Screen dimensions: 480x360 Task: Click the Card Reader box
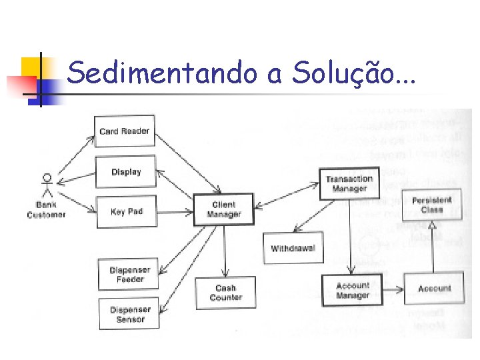pos(125,131)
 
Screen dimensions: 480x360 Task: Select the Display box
pos(126,172)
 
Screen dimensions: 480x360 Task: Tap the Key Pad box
pos(127,211)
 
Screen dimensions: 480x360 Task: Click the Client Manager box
pos(224,209)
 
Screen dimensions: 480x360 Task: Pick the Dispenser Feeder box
pos(129,275)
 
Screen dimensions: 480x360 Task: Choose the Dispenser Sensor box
pos(130,314)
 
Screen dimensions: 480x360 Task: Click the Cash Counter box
pos(225,293)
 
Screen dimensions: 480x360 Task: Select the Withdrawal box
pos(293,249)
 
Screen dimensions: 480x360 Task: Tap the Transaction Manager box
pos(349,183)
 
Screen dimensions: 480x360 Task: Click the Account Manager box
pos(353,291)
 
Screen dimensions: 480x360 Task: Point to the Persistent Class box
pos(431,205)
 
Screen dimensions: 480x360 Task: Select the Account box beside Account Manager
pos(434,289)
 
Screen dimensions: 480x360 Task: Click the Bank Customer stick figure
pos(47,187)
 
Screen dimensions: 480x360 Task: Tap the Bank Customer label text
pos(47,210)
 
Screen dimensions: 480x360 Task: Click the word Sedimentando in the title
pos(162,73)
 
